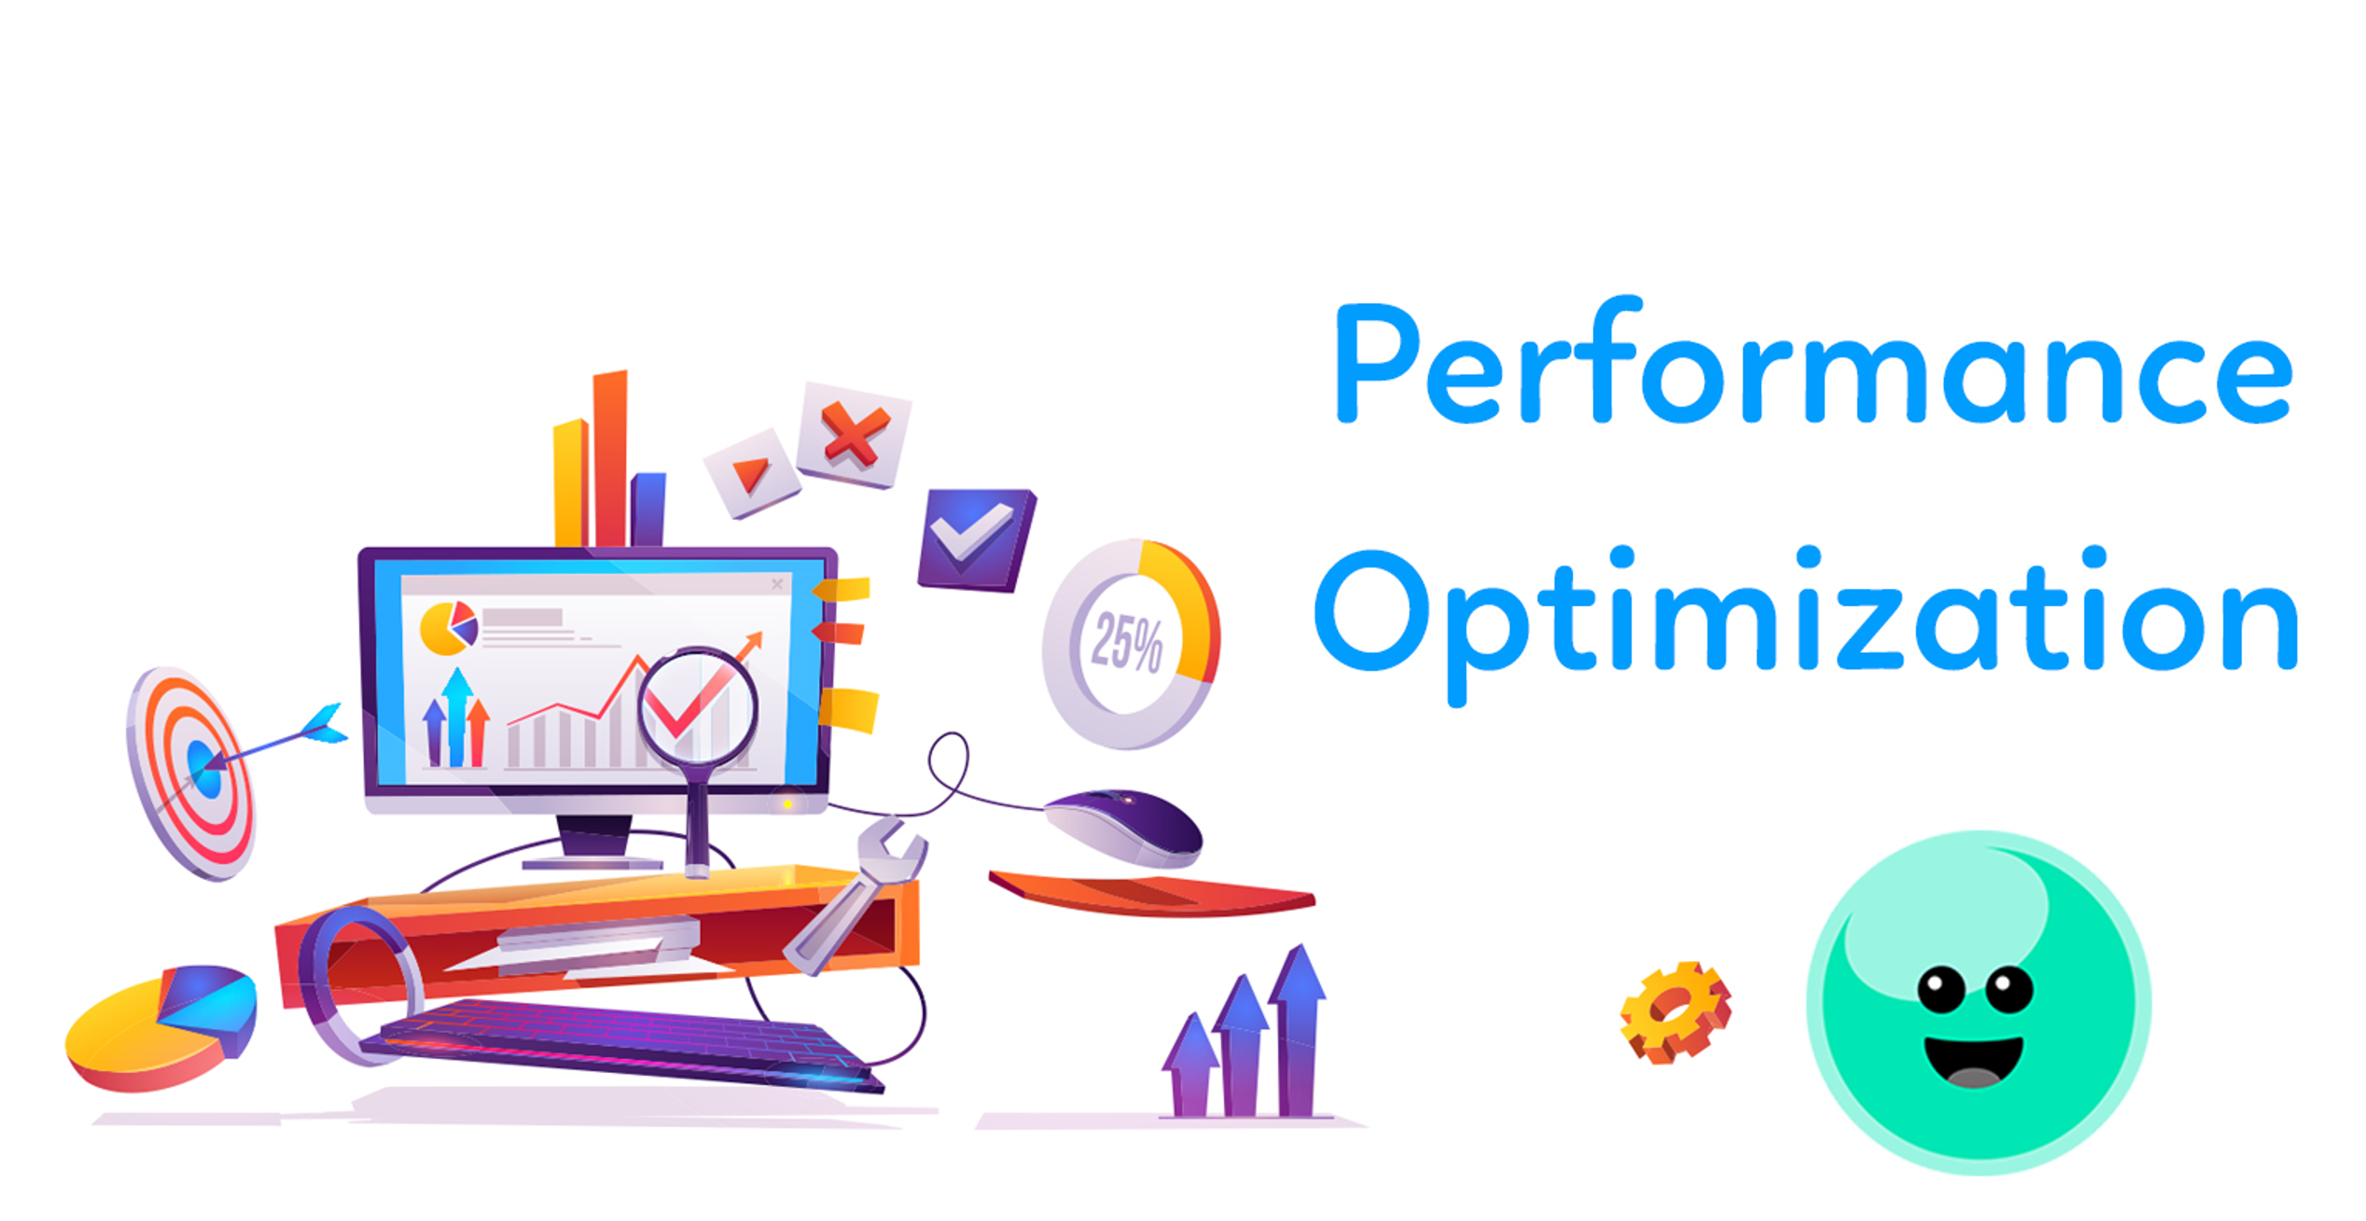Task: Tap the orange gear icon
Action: point(1675,1013)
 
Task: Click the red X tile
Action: point(853,434)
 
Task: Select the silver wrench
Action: point(854,896)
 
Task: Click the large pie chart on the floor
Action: point(161,1028)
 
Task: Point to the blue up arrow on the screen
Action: point(457,716)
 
